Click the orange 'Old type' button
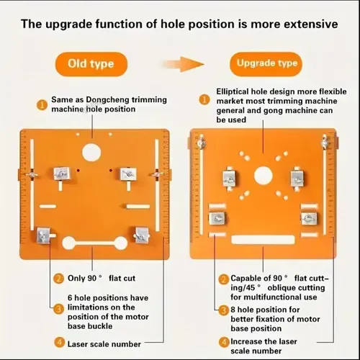pos(91,64)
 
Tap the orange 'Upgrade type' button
pos(266,63)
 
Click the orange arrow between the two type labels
pos(183,64)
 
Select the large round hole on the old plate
pos(91,153)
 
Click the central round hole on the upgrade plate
pos(264,176)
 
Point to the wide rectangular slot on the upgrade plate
pos(263,240)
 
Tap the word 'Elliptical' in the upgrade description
pos(233,91)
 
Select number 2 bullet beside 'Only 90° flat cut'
pos(58,279)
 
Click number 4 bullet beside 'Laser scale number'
pos(59,343)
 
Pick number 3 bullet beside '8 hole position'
pos(224,310)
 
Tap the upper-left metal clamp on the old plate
pos(62,174)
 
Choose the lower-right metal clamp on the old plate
pos(142,235)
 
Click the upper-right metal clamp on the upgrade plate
pos(297,179)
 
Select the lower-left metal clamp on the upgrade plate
pos(217,218)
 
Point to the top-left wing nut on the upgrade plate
pos(201,143)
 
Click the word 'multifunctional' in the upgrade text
pos(271,297)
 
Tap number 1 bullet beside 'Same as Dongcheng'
pos(42,105)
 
